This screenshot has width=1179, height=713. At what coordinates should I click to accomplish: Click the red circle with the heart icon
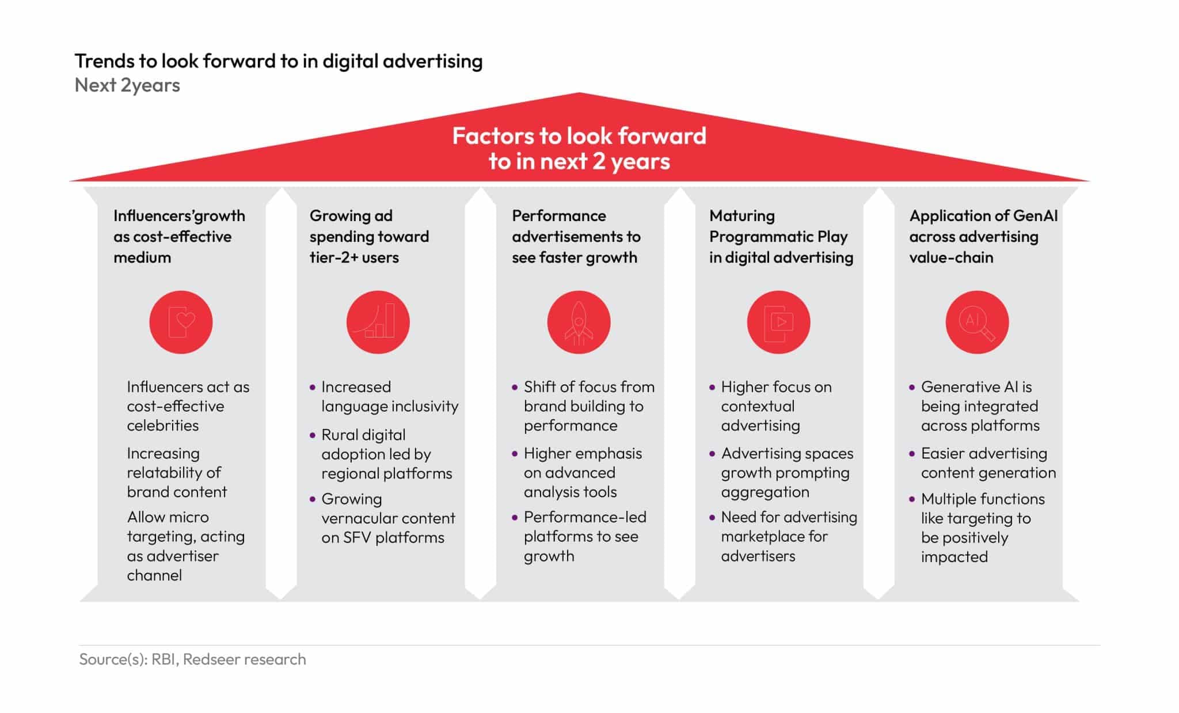pyautogui.click(x=181, y=322)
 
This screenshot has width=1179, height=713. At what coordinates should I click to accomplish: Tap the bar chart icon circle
pyautogui.click(x=378, y=322)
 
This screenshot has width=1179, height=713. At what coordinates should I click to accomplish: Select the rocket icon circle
pyautogui.click(x=579, y=322)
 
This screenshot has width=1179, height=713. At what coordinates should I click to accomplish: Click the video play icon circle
pyautogui.click(x=778, y=322)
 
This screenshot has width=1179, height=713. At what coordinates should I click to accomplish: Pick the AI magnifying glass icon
pyautogui.click(x=977, y=322)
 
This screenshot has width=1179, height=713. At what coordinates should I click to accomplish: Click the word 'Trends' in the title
pyautogui.click(x=104, y=61)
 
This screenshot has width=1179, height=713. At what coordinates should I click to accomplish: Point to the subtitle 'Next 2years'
pyautogui.click(x=127, y=85)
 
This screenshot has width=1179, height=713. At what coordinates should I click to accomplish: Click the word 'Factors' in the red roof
pyautogui.click(x=492, y=136)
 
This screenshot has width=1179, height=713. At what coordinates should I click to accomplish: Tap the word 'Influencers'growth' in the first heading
pyautogui.click(x=179, y=216)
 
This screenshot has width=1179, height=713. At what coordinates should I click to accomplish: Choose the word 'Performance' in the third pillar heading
pyautogui.click(x=559, y=216)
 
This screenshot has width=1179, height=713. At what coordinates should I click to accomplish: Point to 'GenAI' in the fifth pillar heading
pyautogui.click(x=1036, y=216)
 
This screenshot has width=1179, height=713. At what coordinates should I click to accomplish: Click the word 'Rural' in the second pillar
pyautogui.click(x=340, y=435)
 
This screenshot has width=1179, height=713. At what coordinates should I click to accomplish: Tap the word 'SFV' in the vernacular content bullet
pyautogui.click(x=357, y=537)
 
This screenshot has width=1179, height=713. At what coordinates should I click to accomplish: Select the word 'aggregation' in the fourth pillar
pyautogui.click(x=765, y=492)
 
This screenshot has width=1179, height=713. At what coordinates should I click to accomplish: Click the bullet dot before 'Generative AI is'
pyautogui.click(x=911, y=388)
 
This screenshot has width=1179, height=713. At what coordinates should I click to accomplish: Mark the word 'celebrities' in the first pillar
pyautogui.click(x=163, y=426)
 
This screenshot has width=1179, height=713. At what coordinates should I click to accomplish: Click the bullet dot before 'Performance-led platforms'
pyautogui.click(x=515, y=518)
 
